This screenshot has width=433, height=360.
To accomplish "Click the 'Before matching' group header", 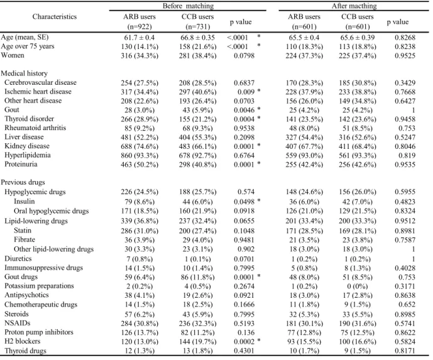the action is (x=188, y=6).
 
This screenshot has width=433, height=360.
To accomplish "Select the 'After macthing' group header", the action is (x=354, y=6).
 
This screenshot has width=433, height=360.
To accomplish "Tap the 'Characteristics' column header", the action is (x=55, y=16).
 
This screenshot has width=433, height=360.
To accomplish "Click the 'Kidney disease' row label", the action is (x=27, y=146).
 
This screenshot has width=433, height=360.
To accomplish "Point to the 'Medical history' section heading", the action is (x=25, y=74).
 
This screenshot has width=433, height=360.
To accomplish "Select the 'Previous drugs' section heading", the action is (x=23, y=182).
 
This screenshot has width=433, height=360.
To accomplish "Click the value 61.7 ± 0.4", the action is (x=140, y=38).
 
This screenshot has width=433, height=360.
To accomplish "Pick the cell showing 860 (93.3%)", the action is (x=140, y=155).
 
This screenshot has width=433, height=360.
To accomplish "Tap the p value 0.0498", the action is (x=244, y=202).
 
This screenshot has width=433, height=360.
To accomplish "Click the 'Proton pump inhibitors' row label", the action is (x=39, y=332).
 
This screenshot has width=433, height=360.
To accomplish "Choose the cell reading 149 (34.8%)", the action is (x=358, y=101).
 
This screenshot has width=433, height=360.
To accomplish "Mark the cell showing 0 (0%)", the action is (x=358, y=286).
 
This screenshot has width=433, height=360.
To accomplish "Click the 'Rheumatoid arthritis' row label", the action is (x=35, y=128).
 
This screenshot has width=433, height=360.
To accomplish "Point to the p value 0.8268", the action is (x=405, y=38).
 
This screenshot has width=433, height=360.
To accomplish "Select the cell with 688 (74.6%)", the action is (x=140, y=146).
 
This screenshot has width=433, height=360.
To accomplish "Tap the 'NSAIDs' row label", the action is (x=18, y=323).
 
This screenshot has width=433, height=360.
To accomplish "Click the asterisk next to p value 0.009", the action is (x=259, y=91).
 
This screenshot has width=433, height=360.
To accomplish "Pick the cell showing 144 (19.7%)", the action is (x=197, y=342).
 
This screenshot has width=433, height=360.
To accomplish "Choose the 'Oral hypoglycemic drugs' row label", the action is (x=52, y=211).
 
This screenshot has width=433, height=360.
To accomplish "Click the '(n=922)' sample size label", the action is (x=140, y=27).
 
